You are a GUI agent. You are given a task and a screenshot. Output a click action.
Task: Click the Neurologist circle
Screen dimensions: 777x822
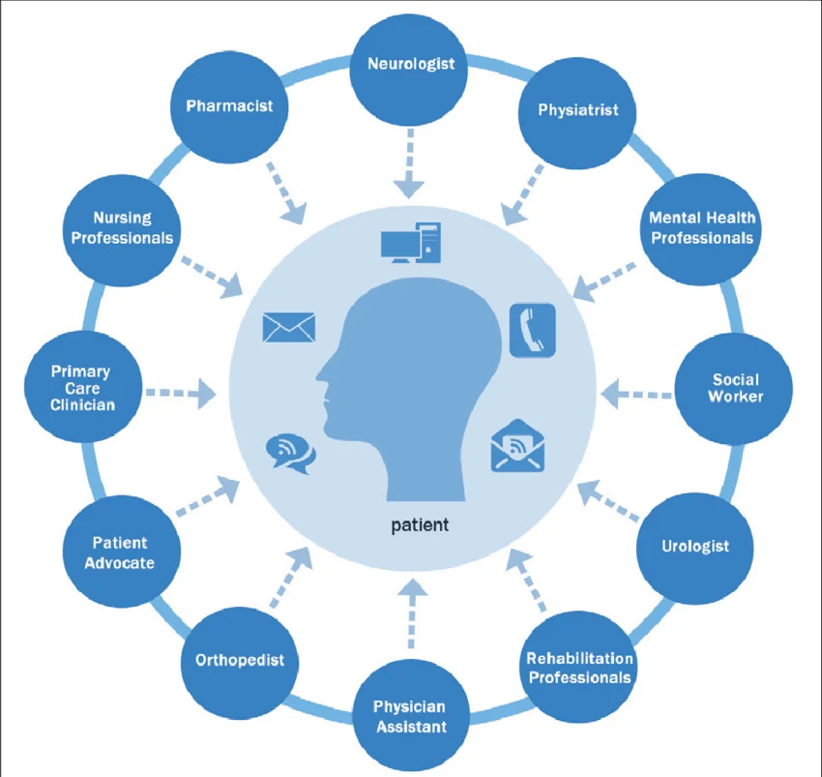pyautogui.click(x=410, y=66)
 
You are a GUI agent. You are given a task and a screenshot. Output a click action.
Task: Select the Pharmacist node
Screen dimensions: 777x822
pyautogui.click(x=229, y=106)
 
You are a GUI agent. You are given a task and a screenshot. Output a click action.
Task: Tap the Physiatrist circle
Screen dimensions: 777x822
pyautogui.click(x=578, y=110)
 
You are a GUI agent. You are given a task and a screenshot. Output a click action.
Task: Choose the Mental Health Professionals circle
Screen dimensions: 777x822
pyautogui.click(x=701, y=228)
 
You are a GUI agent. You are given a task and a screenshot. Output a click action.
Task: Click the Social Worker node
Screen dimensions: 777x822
pyautogui.click(x=735, y=388)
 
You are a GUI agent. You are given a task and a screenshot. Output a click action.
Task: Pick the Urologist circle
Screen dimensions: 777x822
pyautogui.click(x=694, y=547)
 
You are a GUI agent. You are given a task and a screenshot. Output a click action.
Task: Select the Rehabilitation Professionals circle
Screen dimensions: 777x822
pyautogui.click(x=579, y=669)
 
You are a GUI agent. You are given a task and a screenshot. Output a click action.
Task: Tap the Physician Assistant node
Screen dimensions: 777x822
pyautogui.click(x=410, y=717)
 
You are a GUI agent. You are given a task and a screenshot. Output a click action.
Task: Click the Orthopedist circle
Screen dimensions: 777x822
pyautogui.click(x=240, y=661)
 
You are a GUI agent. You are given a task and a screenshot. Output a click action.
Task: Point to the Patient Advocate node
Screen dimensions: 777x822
pyautogui.click(x=119, y=553)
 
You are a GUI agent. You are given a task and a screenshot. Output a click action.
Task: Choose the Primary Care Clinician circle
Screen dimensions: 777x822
pyautogui.click(x=81, y=388)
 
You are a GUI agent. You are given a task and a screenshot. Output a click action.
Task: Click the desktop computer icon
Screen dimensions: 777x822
pyautogui.click(x=411, y=243)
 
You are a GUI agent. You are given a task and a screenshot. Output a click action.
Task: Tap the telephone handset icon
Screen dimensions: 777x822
pyautogui.click(x=533, y=330)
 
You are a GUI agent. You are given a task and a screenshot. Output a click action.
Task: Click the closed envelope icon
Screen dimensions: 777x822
pyautogui.click(x=289, y=326)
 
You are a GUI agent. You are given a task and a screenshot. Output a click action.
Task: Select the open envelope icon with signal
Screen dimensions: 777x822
pyautogui.click(x=518, y=446)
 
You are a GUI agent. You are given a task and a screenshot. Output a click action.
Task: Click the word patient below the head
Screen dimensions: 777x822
pyautogui.click(x=420, y=525)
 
